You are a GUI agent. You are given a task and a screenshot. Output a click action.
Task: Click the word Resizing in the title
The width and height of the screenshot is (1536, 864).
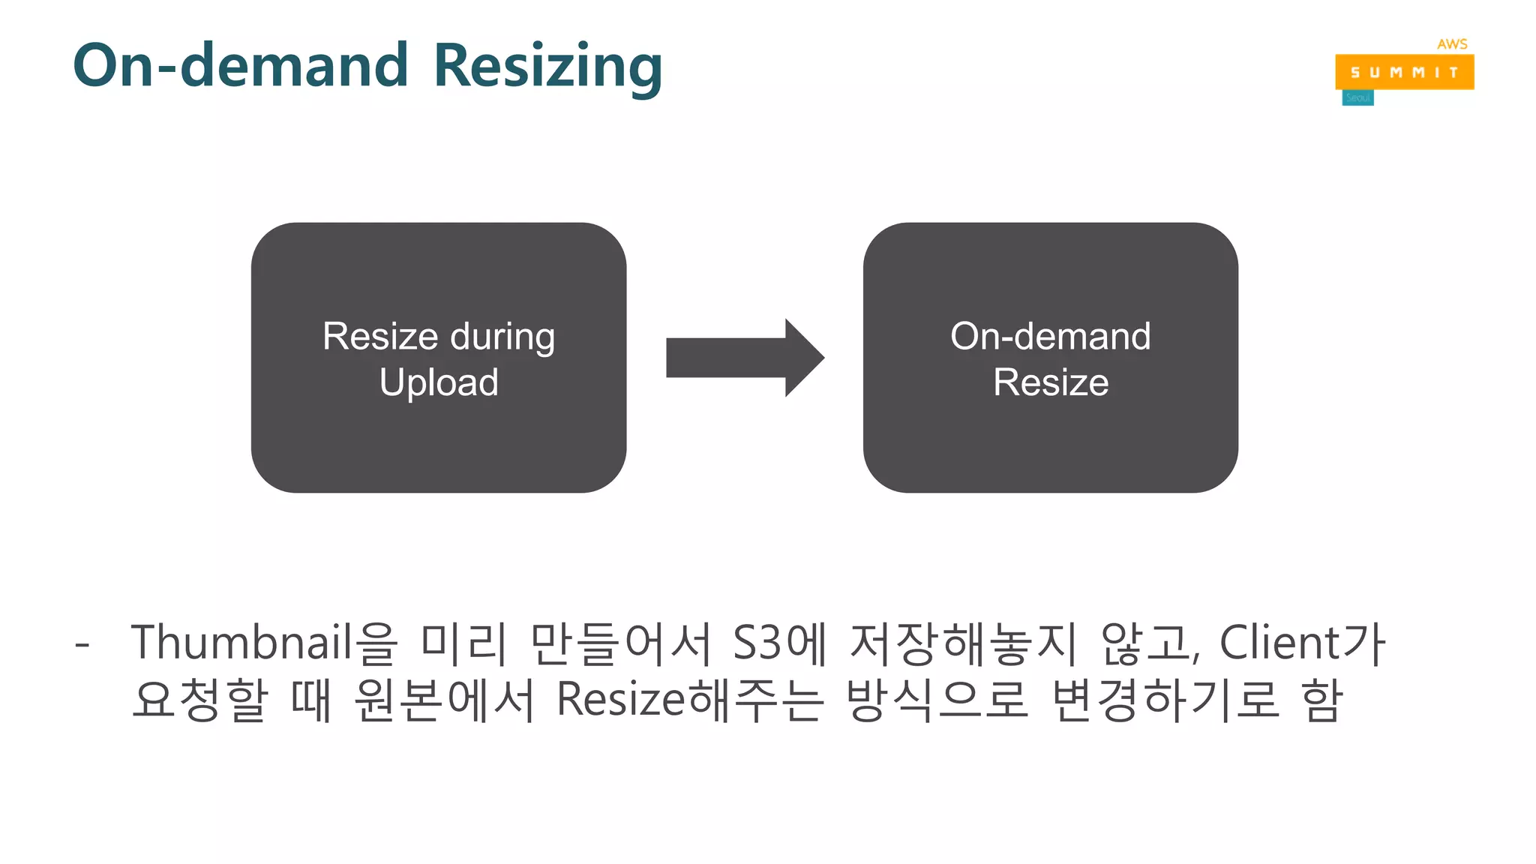point(547,66)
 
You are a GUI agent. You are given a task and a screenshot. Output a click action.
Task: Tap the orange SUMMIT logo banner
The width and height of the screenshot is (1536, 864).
point(1404,73)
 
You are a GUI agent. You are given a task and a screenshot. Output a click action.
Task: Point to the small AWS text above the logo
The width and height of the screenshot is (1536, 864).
point(1452,44)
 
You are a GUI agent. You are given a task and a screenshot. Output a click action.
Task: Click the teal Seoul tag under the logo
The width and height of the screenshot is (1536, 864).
point(1357,98)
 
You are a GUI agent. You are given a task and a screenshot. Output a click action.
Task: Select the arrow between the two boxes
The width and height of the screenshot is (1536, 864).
point(744,358)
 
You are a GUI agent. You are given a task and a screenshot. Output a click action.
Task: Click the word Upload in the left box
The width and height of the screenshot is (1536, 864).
point(439,382)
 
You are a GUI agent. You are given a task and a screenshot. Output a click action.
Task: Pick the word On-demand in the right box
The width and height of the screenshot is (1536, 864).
point(1050,336)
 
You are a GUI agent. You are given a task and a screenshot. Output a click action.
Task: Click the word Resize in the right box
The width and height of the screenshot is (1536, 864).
point(1051,382)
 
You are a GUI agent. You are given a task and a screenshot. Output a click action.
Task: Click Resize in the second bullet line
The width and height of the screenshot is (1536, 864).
point(620,700)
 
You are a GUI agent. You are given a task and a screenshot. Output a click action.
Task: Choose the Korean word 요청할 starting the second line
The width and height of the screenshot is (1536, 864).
point(199,700)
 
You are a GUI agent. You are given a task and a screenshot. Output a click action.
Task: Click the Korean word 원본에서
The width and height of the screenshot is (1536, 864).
point(444,700)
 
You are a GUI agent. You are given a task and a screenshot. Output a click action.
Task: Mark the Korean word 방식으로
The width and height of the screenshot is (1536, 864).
point(936,700)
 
